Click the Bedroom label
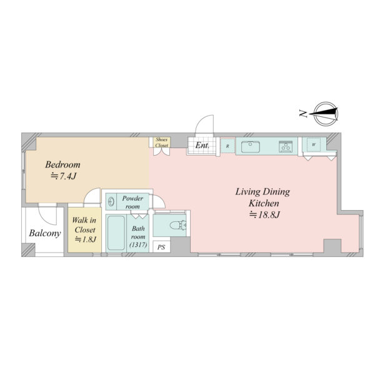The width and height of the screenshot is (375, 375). (x=62, y=165)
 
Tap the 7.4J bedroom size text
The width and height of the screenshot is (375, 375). (x=63, y=176)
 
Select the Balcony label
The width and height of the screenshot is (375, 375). (x=45, y=233)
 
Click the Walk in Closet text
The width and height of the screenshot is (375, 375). (x=84, y=225)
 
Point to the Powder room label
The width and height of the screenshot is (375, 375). (x=132, y=202)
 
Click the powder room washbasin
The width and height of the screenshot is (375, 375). (x=111, y=202)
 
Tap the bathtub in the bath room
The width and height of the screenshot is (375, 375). (x=116, y=233)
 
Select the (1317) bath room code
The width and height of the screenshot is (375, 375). (x=138, y=244)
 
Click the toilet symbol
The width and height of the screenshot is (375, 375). (x=177, y=225)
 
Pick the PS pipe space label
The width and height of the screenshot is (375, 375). (x=161, y=247)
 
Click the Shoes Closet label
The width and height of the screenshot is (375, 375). (x=162, y=142)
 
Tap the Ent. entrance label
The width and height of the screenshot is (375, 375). (x=202, y=146)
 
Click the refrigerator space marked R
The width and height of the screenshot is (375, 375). (x=227, y=146)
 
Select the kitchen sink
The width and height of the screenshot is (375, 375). (x=251, y=147)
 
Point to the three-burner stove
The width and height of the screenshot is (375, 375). (x=286, y=146)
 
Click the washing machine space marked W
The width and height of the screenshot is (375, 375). (x=314, y=145)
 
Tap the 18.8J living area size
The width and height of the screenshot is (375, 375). (x=264, y=214)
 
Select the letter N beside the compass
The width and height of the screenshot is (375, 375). (x=303, y=113)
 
